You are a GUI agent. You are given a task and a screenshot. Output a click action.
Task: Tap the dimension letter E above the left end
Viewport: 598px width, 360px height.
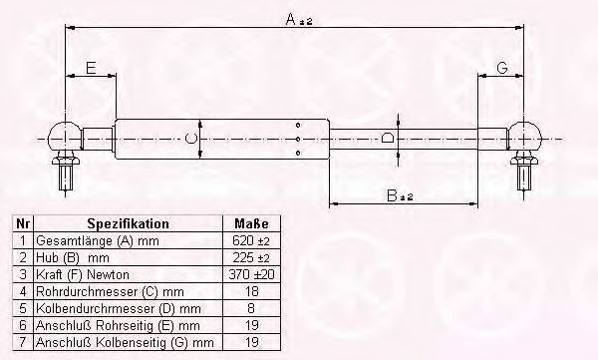coord(91,69)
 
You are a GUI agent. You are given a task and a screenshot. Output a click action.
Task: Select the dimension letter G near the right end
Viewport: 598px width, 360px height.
coord(502,68)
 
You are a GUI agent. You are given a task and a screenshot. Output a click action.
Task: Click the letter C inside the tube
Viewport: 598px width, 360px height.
coord(190,139)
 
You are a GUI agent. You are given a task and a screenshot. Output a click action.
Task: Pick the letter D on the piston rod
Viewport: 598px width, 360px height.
coord(389,138)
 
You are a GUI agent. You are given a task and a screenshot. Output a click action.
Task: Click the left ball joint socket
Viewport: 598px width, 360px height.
coord(65,137)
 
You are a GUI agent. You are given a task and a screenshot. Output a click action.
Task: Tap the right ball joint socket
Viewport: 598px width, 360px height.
coord(525,137)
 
